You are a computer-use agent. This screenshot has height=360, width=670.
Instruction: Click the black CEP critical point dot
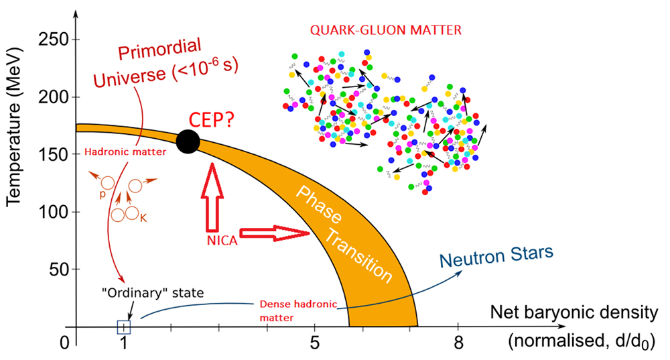coord(188,141)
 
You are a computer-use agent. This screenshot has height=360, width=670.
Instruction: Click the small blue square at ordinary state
coord(124,327)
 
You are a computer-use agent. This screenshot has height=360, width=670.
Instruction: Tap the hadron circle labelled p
coord(107,183)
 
